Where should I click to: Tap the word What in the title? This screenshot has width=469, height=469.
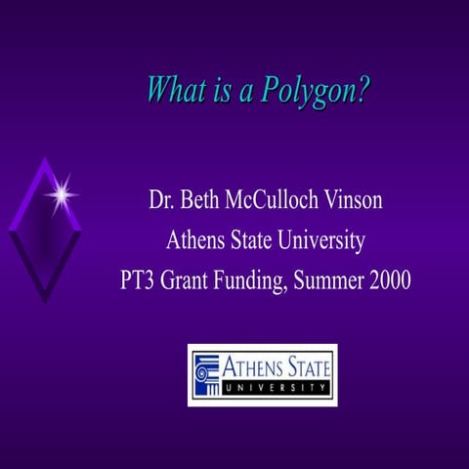coord(174,90)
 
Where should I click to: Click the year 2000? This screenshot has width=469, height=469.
coord(389,279)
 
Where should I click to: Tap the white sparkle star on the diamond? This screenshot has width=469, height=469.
coord(62,194)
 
